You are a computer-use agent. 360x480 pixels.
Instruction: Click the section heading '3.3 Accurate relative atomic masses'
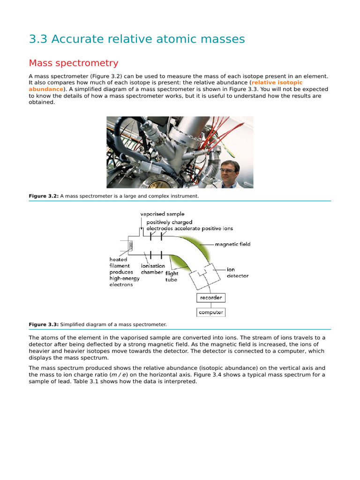(137, 39)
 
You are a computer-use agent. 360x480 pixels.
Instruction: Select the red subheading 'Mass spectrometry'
(74, 63)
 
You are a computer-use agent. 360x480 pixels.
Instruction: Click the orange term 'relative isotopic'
(277, 82)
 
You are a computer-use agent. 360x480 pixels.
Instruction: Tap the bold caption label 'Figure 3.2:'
(44, 196)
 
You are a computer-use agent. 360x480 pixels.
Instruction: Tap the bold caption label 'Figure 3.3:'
(44, 324)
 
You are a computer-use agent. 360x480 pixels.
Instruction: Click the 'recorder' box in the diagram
(211, 298)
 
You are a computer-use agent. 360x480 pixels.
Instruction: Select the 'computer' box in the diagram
(211, 312)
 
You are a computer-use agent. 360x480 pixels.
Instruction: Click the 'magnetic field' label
(232, 244)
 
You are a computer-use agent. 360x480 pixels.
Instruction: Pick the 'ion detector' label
(238, 273)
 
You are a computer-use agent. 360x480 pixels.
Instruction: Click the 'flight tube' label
(172, 277)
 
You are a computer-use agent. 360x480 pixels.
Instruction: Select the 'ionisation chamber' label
(152, 269)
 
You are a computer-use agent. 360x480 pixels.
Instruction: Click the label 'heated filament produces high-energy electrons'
(121, 272)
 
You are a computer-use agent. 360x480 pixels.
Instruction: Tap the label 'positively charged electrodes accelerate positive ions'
(189, 225)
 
